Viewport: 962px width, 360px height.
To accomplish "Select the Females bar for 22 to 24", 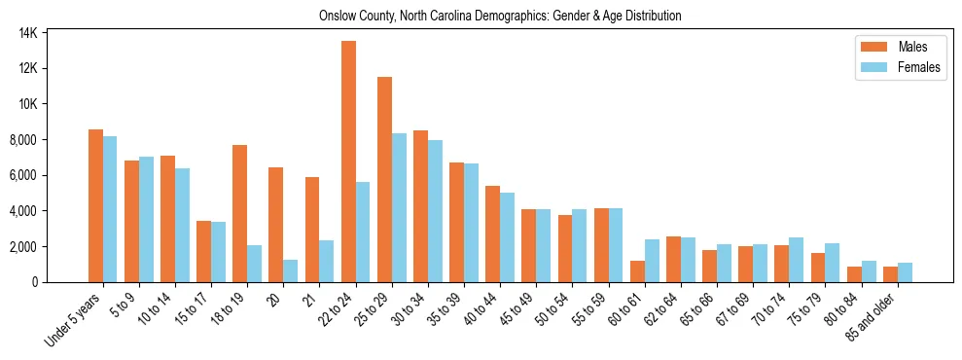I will coord(363,232).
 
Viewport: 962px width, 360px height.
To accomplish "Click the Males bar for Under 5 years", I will coord(95,205).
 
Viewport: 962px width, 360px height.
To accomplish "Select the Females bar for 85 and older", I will coord(905,272).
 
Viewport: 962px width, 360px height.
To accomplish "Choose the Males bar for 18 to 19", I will coord(239,213).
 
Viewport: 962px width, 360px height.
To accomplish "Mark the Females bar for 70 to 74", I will coord(796,260).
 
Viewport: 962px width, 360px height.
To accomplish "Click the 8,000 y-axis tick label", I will coord(23,140).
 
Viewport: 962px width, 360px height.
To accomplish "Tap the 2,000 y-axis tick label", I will coord(23,247).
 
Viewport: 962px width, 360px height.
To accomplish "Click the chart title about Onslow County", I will coord(500,16).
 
